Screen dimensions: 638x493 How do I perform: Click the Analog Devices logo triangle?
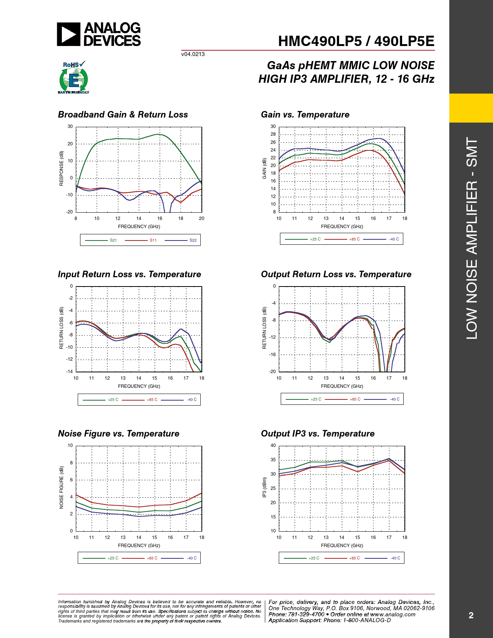(68, 34)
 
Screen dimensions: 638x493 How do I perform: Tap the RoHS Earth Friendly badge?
(73, 78)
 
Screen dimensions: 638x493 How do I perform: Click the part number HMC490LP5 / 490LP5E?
(356, 41)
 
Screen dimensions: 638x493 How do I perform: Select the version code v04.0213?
(193, 54)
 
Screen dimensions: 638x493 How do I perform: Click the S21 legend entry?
(113, 241)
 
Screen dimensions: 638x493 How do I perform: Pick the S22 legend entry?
(193, 241)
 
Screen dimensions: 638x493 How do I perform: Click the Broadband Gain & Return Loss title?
(123, 114)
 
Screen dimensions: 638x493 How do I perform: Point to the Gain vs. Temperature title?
(305, 114)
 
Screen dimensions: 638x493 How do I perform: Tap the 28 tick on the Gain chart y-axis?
(273, 134)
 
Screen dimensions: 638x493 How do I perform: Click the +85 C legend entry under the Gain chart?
(354, 239)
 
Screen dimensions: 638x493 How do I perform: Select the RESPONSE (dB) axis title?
(61, 169)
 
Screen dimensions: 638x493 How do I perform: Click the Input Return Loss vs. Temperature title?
(130, 274)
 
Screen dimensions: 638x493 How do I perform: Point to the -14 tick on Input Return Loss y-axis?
(69, 372)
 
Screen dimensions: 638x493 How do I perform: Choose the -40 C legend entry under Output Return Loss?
(394, 399)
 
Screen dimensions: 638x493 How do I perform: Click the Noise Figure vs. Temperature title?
(119, 433)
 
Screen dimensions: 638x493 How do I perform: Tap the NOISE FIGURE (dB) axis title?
(61, 488)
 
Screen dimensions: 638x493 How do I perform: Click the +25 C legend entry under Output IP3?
(314, 558)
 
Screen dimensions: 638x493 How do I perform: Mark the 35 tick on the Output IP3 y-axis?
(273, 460)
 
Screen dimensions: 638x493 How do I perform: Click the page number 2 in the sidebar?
(471, 616)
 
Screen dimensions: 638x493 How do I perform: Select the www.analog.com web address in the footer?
(392, 614)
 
